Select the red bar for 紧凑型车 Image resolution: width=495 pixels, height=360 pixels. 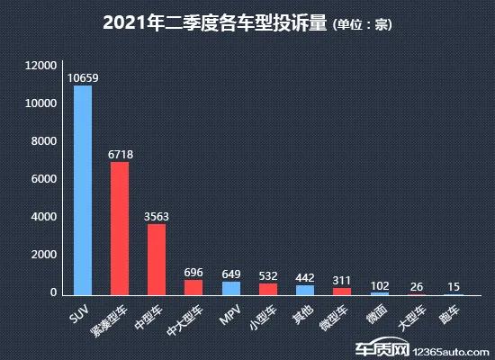119,229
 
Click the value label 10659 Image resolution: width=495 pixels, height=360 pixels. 82,78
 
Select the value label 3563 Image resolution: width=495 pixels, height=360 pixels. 157,216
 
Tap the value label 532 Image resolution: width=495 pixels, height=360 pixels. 268,276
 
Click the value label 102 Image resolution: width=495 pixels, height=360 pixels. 380,284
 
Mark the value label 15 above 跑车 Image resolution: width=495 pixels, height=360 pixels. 454,286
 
